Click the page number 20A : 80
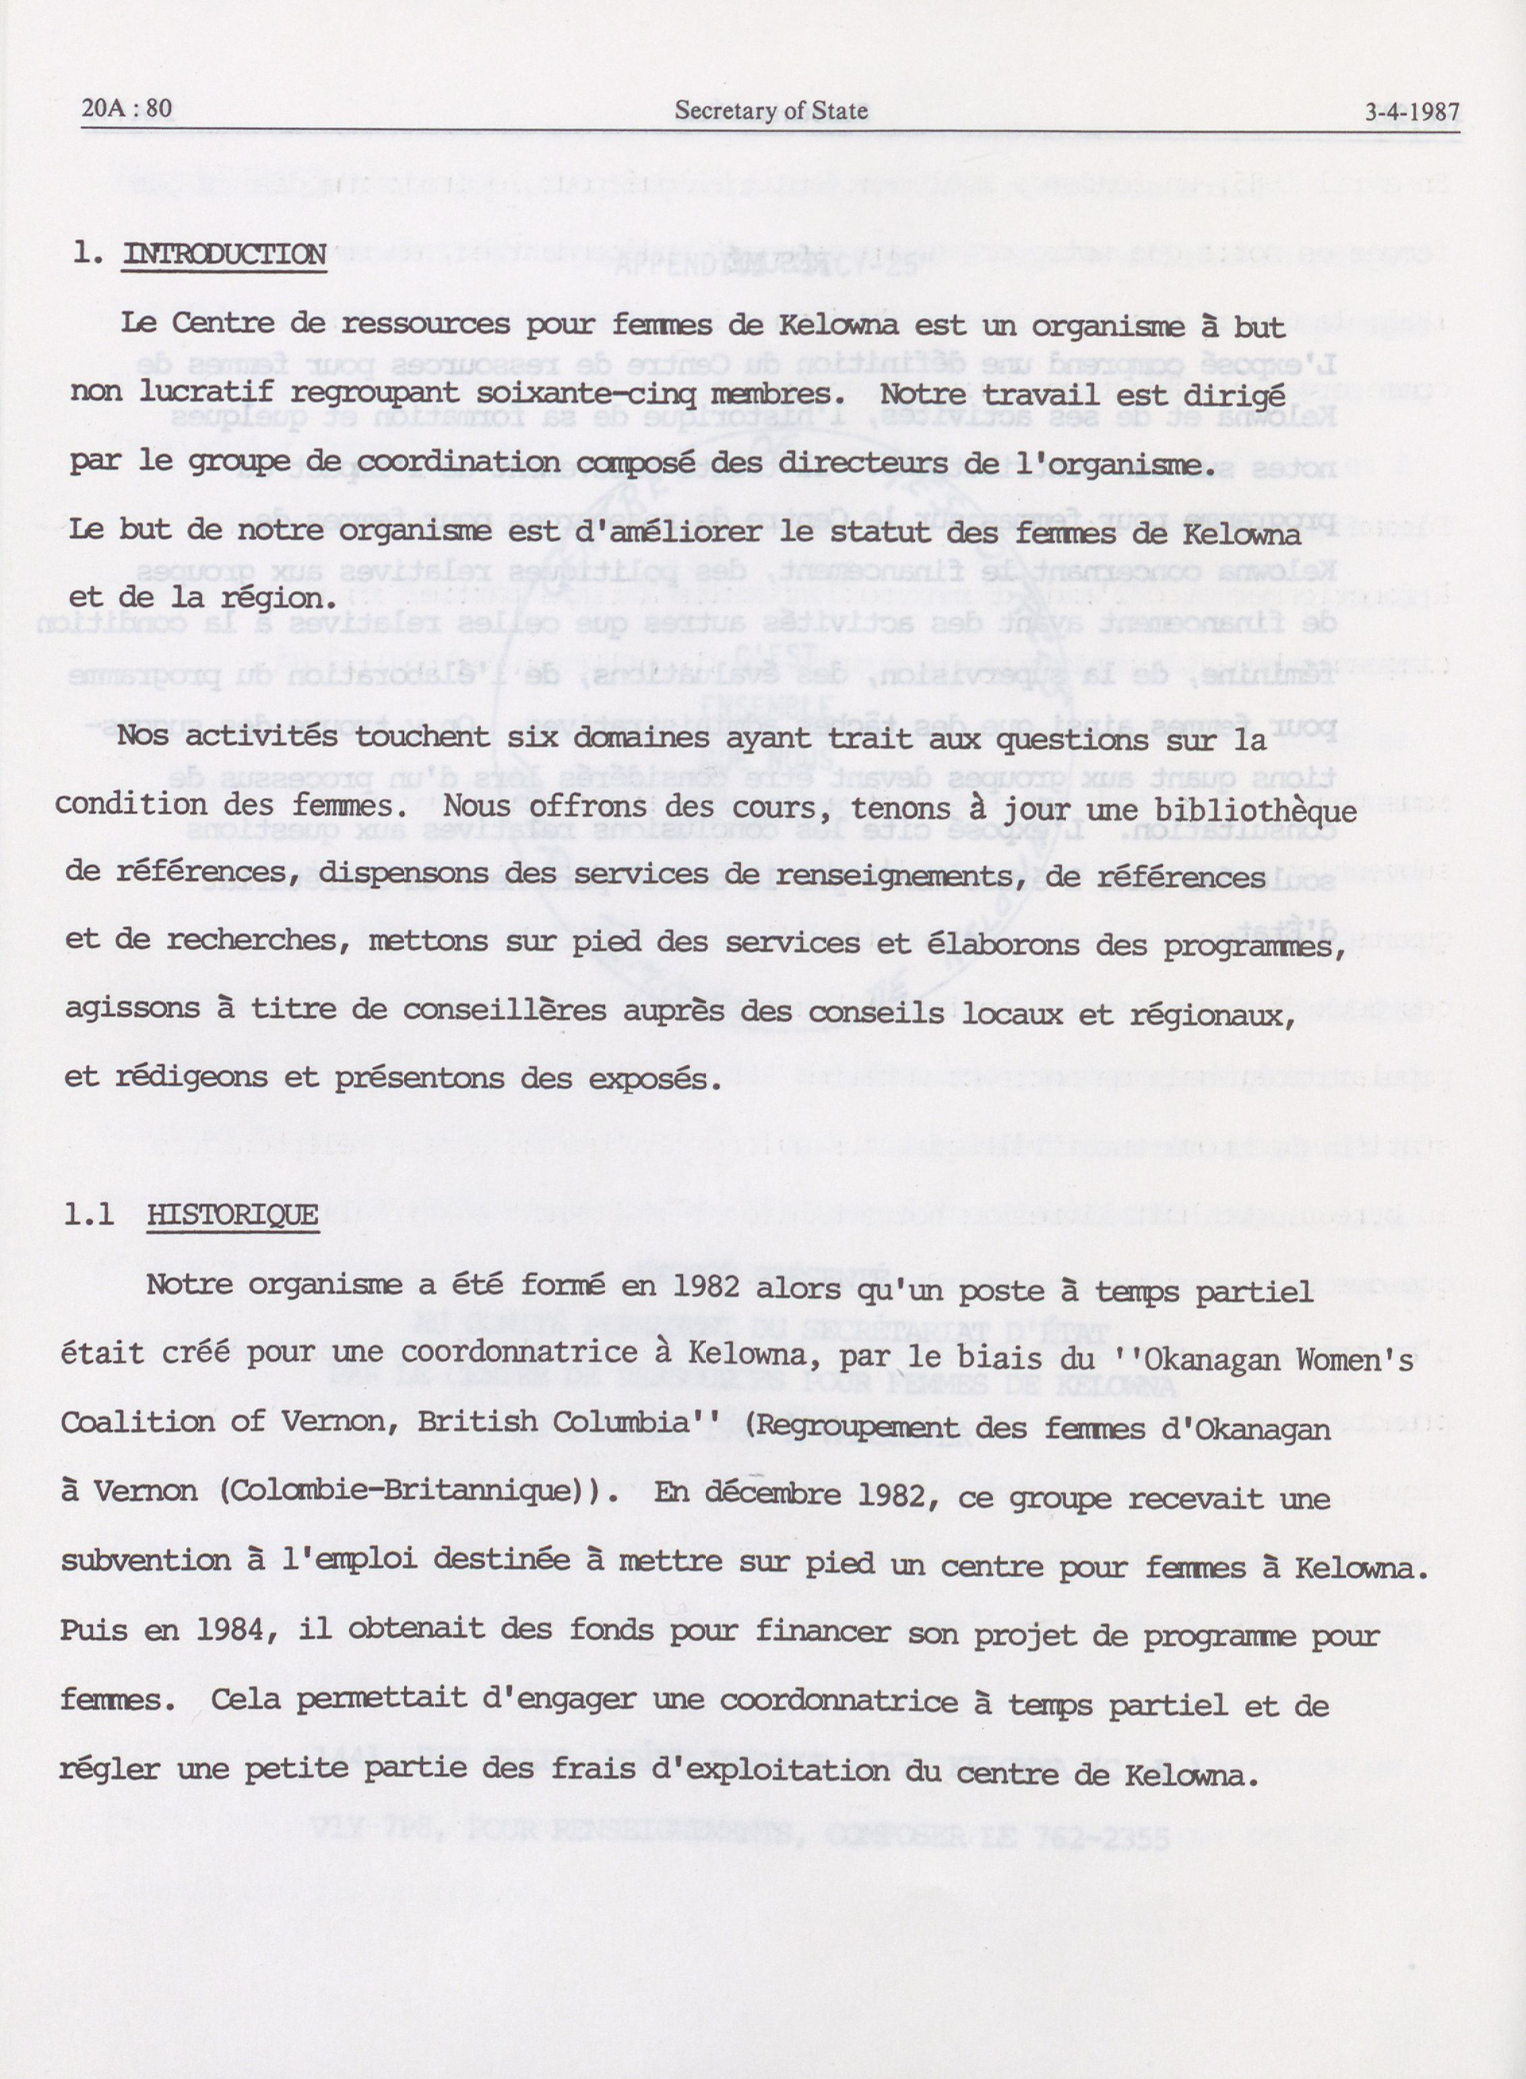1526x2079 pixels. (127, 109)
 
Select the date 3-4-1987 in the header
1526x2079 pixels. (1412, 113)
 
